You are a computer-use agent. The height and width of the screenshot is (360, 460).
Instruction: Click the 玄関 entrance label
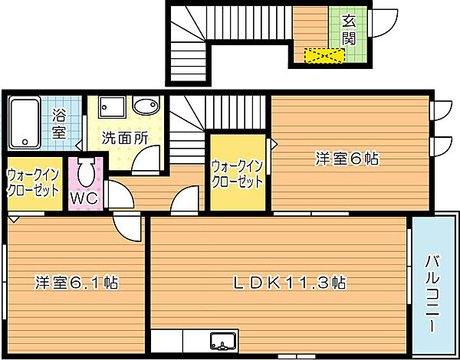(x=349, y=28)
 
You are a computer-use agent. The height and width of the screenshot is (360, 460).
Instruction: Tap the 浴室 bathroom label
(x=59, y=123)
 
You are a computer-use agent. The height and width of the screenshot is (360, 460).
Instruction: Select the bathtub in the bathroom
(x=25, y=123)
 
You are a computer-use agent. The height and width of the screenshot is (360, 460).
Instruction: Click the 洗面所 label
(x=124, y=139)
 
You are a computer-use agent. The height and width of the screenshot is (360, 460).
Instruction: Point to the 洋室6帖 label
(x=348, y=159)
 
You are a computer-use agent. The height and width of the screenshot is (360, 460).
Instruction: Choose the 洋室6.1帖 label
(x=75, y=282)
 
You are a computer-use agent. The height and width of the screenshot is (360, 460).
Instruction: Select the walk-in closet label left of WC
(x=33, y=184)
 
